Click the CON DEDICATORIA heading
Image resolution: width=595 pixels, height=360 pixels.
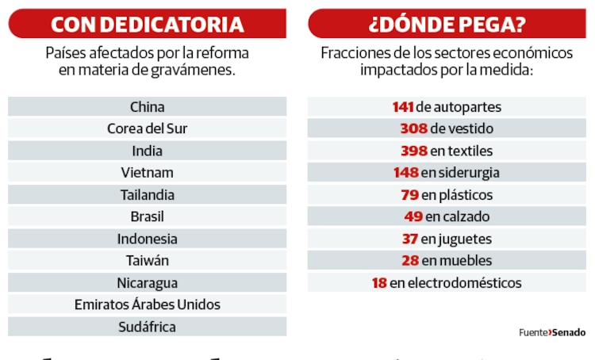pyautogui.click(x=147, y=24)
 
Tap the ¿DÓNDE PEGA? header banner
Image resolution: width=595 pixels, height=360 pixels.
pyautogui.click(x=447, y=24)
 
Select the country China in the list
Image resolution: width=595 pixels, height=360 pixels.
pyautogui.click(x=147, y=106)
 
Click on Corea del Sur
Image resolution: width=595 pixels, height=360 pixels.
pyautogui.click(x=147, y=128)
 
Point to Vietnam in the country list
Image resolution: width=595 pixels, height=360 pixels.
pyautogui.click(x=147, y=172)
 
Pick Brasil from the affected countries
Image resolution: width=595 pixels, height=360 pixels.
pyautogui.click(x=147, y=216)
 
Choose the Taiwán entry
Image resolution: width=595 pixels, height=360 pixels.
pyautogui.click(x=147, y=260)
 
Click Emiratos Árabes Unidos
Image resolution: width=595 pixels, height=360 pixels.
pyautogui.click(x=147, y=304)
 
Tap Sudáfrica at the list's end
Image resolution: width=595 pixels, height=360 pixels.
pyautogui.click(x=147, y=327)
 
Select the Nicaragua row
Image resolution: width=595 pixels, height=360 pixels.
pyautogui.click(x=147, y=282)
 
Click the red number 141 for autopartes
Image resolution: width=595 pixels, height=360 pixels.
pyautogui.click(x=402, y=107)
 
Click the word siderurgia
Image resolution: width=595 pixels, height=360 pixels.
pyautogui.click(x=470, y=173)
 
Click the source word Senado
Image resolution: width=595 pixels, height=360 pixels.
pyautogui.click(x=569, y=333)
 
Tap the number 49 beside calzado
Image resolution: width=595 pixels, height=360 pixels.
pyautogui.click(x=413, y=216)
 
